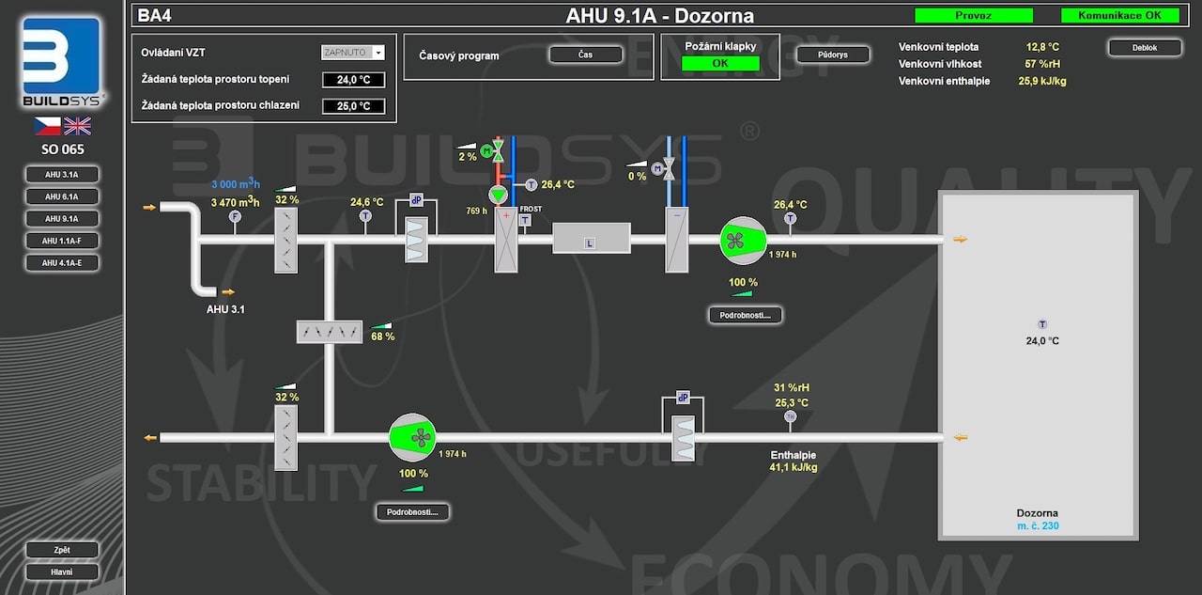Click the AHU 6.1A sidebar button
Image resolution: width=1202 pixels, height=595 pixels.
(x=62, y=196)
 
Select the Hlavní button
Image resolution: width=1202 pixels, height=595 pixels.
(x=62, y=572)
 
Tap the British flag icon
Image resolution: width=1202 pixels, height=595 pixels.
(x=77, y=126)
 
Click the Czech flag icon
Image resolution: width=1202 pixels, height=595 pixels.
(x=48, y=126)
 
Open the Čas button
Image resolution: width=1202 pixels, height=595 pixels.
(x=585, y=55)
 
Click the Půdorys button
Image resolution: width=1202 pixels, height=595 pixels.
(x=832, y=55)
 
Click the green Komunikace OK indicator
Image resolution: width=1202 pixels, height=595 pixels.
(x=1119, y=15)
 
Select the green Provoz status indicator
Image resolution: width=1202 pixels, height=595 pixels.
(x=973, y=15)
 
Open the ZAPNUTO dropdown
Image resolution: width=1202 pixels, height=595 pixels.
(x=353, y=53)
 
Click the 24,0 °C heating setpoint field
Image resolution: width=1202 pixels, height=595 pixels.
(x=353, y=80)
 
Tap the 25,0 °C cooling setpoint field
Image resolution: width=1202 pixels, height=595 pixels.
(x=353, y=106)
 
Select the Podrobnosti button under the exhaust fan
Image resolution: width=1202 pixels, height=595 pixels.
(x=412, y=512)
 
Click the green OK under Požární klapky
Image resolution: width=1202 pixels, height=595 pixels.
(x=720, y=64)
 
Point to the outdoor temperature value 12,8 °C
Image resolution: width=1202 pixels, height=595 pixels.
(x=1042, y=46)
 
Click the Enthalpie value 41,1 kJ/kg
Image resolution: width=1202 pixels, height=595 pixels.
(x=794, y=467)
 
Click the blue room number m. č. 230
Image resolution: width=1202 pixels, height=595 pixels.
(x=1038, y=526)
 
